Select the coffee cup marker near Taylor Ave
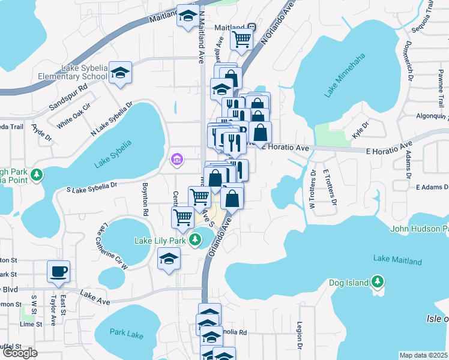59,271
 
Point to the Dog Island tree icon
376,281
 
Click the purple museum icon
176,159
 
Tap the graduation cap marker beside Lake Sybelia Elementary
120,73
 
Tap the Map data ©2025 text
424,355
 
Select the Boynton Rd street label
145,199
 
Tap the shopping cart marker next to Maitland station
241,39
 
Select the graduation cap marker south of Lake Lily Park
169,259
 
